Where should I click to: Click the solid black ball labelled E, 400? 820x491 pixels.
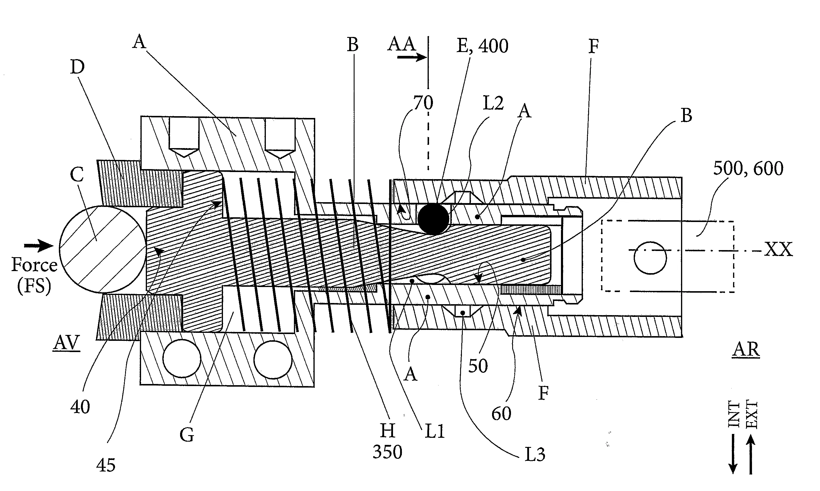434,219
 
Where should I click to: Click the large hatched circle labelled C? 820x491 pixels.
103,249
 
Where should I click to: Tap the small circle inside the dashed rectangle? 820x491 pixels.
650,258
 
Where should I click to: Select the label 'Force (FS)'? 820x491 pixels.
34,275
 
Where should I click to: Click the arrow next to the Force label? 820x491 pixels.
38,245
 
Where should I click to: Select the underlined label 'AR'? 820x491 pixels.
746,349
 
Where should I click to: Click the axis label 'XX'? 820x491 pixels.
778,249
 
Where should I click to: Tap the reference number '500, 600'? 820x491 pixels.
748,168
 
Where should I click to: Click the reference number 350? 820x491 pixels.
387,452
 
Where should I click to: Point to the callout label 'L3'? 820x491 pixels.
535,454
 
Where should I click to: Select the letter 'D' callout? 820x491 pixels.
77,67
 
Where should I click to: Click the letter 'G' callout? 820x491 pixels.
187,435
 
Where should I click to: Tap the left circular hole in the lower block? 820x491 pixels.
182,359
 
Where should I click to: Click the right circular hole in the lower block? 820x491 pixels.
273,359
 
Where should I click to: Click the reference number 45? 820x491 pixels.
106,465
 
